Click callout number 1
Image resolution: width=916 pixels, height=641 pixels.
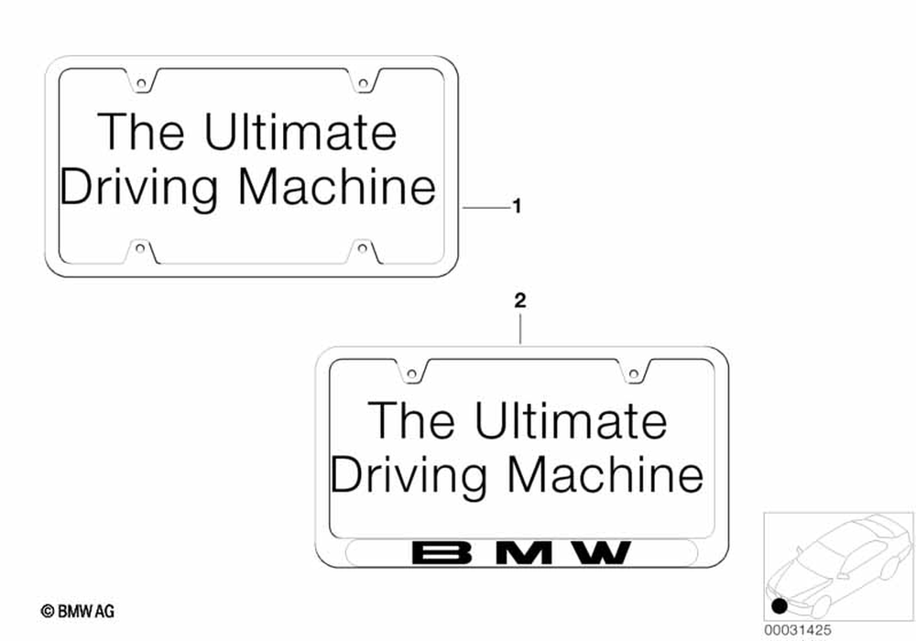click(x=517, y=208)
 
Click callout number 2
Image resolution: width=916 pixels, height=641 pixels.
click(x=520, y=300)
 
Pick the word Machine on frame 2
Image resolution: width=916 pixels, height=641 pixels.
click(x=606, y=476)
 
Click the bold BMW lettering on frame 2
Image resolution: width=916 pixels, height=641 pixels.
click(x=521, y=553)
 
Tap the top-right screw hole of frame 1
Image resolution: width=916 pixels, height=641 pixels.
click(x=363, y=84)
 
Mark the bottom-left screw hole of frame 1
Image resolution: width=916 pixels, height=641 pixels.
click(x=141, y=246)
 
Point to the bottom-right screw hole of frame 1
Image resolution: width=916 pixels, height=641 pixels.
click(x=363, y=246)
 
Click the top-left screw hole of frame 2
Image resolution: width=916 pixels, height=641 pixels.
click(x=412, y=373)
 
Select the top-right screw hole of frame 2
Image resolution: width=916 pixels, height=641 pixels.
click(x=634, y=373)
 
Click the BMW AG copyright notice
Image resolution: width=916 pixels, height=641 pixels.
click(x=78, y=611)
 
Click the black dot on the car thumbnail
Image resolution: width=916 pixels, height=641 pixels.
click(x=780, y=605)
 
